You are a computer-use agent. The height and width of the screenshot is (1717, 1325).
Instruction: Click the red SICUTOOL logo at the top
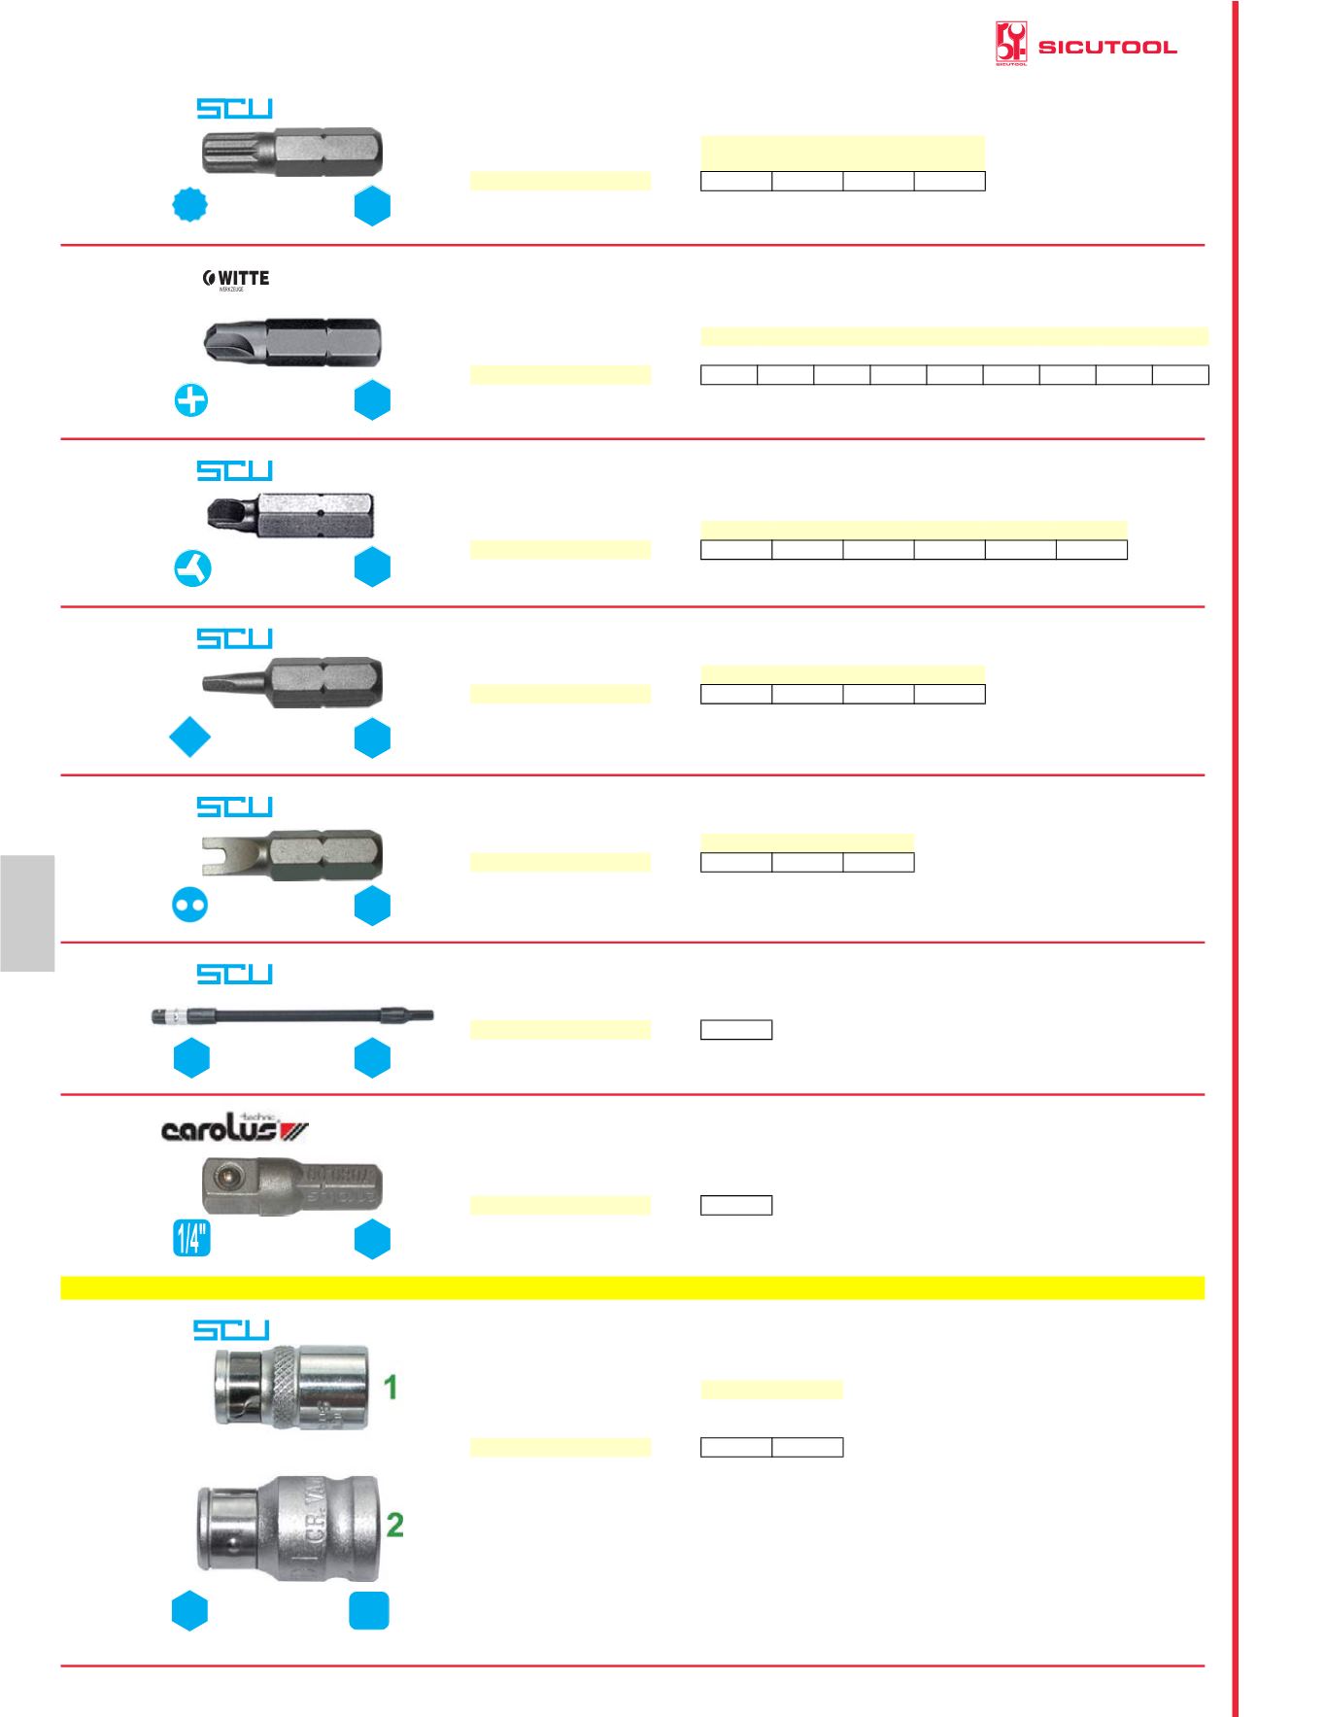click(1085, 45)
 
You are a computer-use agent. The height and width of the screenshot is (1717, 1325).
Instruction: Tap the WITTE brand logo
click(236, 279)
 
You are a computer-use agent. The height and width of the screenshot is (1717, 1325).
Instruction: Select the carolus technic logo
click(234, 1127)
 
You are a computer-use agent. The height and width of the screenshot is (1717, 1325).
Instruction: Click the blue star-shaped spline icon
click(189, 204)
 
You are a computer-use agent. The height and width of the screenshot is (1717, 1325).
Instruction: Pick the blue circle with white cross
click(191, 399)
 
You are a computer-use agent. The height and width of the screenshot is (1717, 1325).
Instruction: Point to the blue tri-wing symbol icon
click(192, 568)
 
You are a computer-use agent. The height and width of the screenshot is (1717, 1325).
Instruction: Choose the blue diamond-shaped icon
click(189, 738)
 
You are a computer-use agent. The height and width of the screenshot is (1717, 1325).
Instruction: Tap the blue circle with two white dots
click(189, 905)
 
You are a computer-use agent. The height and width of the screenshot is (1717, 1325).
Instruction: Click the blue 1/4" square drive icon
click(191, 1238)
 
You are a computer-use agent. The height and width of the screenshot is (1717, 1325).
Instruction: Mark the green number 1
click(391, 1387)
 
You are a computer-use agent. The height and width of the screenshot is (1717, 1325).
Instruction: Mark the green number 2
click(394, 1524)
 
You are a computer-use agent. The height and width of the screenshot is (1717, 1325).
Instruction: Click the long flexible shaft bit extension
click(292, 1016)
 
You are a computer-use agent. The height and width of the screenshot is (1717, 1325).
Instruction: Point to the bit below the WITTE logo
click(292, 341)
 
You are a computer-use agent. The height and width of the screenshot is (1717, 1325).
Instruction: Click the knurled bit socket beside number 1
click(291, 1387)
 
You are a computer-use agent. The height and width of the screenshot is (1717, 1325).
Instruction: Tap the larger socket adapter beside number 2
click(289, 1528)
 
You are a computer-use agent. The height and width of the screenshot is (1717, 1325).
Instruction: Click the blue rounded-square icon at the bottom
click(369, 1610)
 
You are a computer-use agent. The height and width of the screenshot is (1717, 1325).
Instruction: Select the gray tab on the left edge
click(27, 912)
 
